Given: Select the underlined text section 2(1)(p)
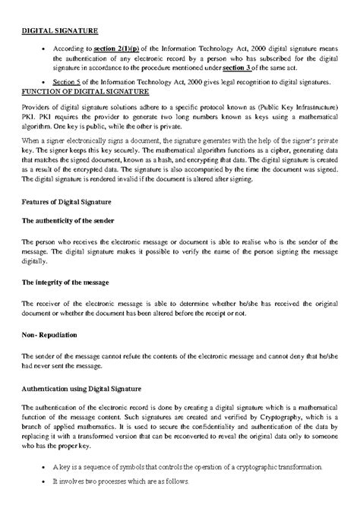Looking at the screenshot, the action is [118, 47].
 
